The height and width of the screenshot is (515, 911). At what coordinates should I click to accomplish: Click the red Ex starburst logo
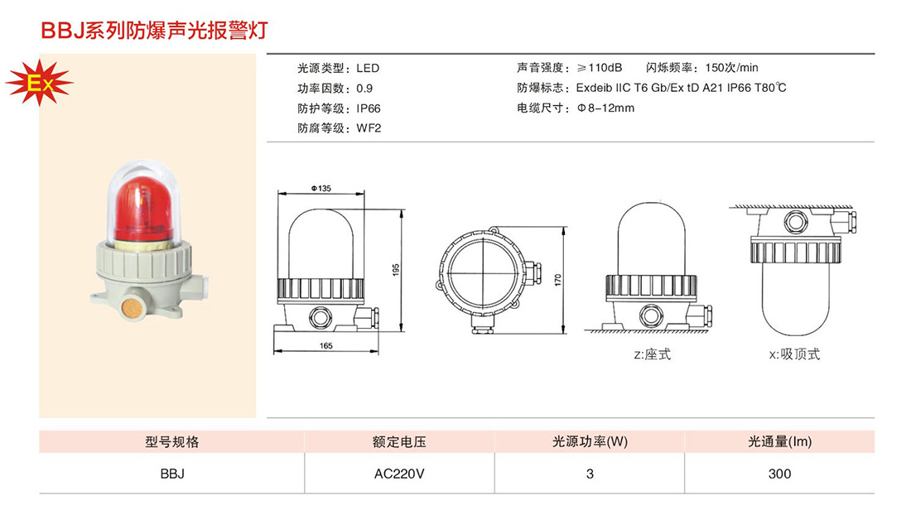pos(39,83)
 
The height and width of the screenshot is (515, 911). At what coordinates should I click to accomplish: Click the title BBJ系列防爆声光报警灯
pos(154,30)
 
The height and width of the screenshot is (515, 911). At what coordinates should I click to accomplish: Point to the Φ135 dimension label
pos(321,188)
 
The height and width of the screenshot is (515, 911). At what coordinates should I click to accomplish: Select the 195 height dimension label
pos(396,270)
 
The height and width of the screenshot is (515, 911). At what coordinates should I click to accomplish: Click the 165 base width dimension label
pos(326,346)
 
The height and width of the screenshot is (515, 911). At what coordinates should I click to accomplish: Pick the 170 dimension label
pos(557,280)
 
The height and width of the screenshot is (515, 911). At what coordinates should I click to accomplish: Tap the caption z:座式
pos(652,354)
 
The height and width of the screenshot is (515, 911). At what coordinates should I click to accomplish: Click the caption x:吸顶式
pos(794,354)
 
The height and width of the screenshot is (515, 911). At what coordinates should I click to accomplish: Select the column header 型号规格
pos(172,442)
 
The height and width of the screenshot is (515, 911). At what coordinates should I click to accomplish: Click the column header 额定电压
pos(399,442)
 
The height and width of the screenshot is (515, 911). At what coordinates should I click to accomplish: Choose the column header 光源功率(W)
pos(590,442)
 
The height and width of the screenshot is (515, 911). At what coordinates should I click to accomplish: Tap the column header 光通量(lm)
pos(779,442)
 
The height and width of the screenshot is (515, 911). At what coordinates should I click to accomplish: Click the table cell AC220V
pos(399,474)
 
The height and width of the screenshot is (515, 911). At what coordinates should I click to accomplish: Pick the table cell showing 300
pos(779,474)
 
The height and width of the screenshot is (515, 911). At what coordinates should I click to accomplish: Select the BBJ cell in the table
pos(172,474)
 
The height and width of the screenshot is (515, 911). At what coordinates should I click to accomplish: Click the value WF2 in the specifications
pos(369,128)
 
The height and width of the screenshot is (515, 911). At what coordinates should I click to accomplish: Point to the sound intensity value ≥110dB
pos(600,68)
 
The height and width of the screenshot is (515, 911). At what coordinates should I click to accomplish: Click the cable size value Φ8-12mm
pos(605,108)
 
